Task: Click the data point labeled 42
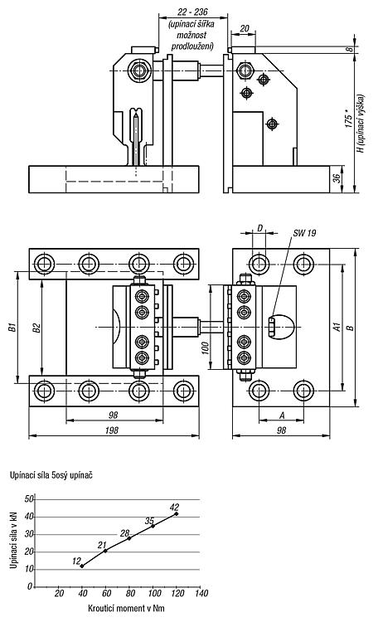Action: pos(176,513)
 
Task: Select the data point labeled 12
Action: pos(82,566)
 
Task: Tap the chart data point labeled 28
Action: pos(129,538)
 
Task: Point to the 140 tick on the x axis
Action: pos(201,593)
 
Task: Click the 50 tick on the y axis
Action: pos(29,499)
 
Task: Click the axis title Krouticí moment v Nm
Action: pos(126,608)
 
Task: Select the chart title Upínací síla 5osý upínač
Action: pos(51,475)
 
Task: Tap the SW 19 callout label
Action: pos(304,233)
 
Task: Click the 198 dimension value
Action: pos(112,430)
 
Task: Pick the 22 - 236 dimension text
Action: pos(192,12)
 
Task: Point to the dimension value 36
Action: pos(337,179)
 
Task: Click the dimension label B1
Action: pos(12,328)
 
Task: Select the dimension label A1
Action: pos(337,328)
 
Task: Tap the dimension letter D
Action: pos(260,228)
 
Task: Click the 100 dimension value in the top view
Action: pos(205,347)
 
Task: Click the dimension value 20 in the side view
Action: pos(245,28)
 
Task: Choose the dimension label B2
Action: pos(36,328)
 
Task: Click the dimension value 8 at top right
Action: pos(349,49)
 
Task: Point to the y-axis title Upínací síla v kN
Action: pos(13,540)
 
